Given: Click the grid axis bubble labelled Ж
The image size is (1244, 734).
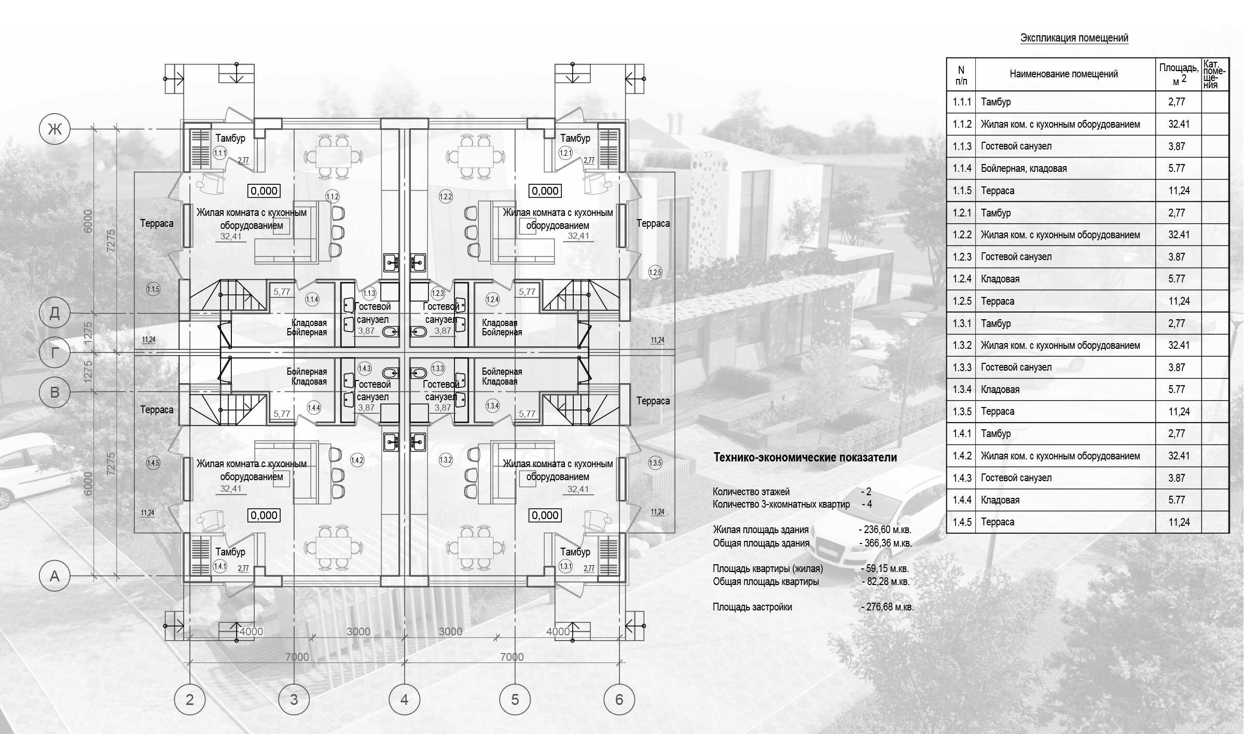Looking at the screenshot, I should click(x=54, y=129).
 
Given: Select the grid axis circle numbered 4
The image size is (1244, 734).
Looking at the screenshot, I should click(x=404, y=700).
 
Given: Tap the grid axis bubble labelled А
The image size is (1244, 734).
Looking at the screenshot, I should click(x=54, y=576).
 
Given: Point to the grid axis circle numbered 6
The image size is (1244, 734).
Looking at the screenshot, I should click(x=619, y=700).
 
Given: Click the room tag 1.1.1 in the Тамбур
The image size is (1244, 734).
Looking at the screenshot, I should click(x=220, y=153).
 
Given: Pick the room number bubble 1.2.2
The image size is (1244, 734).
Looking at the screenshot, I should click(x=446, y=196).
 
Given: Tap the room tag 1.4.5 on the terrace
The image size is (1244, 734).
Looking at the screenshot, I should click(x=153, y=463).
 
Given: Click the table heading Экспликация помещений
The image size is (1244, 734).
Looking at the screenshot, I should click(x=1074, y=38).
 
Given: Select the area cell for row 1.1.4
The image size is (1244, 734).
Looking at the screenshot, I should click(x=1177, y=168).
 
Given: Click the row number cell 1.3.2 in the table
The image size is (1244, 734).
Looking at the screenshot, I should click(x=962, y=345).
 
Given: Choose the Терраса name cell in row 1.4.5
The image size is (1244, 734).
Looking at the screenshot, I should click(x=997, y=522).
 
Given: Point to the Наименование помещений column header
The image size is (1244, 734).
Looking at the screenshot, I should click(x=1063, y=74).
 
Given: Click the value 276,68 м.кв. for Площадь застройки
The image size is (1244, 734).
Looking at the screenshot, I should click(x=888, y=607).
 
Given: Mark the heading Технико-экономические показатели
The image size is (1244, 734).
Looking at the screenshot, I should click(x=805, y=457).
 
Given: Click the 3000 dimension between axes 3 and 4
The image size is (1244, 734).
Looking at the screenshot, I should click(x=358, y=632).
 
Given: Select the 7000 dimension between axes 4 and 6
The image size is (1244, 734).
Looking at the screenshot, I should click(x=512, y=657).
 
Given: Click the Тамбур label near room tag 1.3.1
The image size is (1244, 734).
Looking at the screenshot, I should click(x=575, y=552).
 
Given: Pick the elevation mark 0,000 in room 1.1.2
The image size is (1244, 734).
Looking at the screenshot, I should click(x=264, y=191).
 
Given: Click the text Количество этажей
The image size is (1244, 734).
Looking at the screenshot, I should click(x=751, y=492).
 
